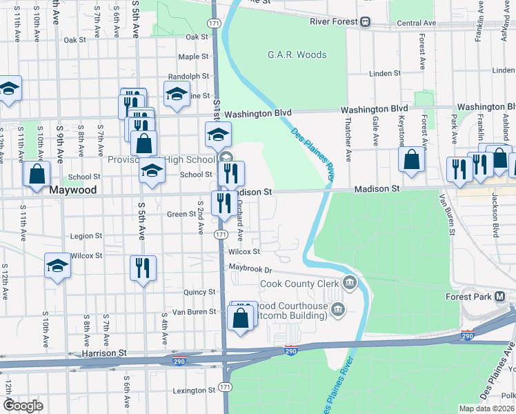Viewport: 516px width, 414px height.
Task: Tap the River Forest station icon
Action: pos(364,21)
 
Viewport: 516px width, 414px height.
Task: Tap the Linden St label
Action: pos(385,73)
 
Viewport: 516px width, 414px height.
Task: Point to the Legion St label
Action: pos(86,236)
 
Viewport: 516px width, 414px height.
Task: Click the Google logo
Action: pos(23,406)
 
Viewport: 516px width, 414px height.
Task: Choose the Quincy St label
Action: pos(200,292)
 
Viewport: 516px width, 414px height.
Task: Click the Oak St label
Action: pos(197,37)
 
